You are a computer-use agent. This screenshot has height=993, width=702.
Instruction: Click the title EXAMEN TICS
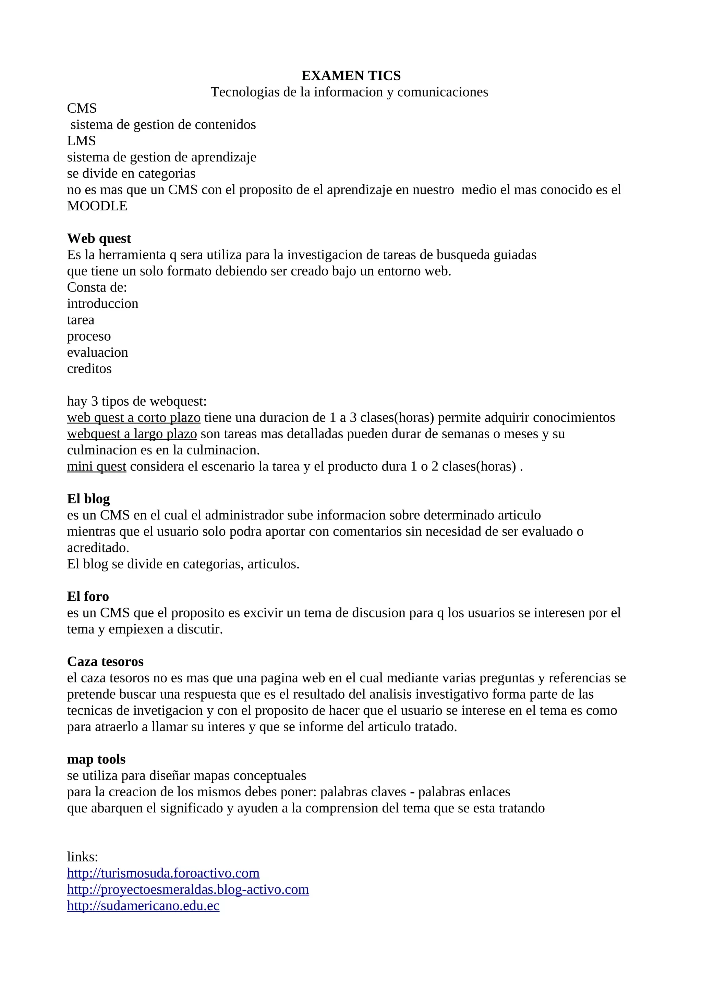351,76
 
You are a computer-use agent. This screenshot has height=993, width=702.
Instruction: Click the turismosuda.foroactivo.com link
163,873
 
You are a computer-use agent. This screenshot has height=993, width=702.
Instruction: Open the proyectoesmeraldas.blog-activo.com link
188,889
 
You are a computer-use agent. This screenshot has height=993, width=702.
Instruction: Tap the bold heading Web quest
99,238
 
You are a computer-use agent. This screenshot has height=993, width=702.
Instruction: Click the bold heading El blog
88,499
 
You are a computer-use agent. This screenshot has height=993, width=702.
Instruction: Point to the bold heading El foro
88,597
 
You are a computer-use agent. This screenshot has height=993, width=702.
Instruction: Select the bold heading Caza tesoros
105,661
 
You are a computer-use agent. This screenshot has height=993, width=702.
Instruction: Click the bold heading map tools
96,759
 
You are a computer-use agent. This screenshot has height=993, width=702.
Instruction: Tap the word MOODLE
97,206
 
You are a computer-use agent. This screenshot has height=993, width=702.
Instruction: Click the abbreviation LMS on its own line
81,140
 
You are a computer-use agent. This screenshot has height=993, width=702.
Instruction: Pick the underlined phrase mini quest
96,466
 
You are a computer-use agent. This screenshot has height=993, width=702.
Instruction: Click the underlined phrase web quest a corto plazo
134,417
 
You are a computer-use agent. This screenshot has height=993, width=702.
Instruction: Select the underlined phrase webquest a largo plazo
132,434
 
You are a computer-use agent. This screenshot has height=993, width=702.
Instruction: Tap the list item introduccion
102,304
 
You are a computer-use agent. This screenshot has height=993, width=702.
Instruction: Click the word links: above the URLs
82,856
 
